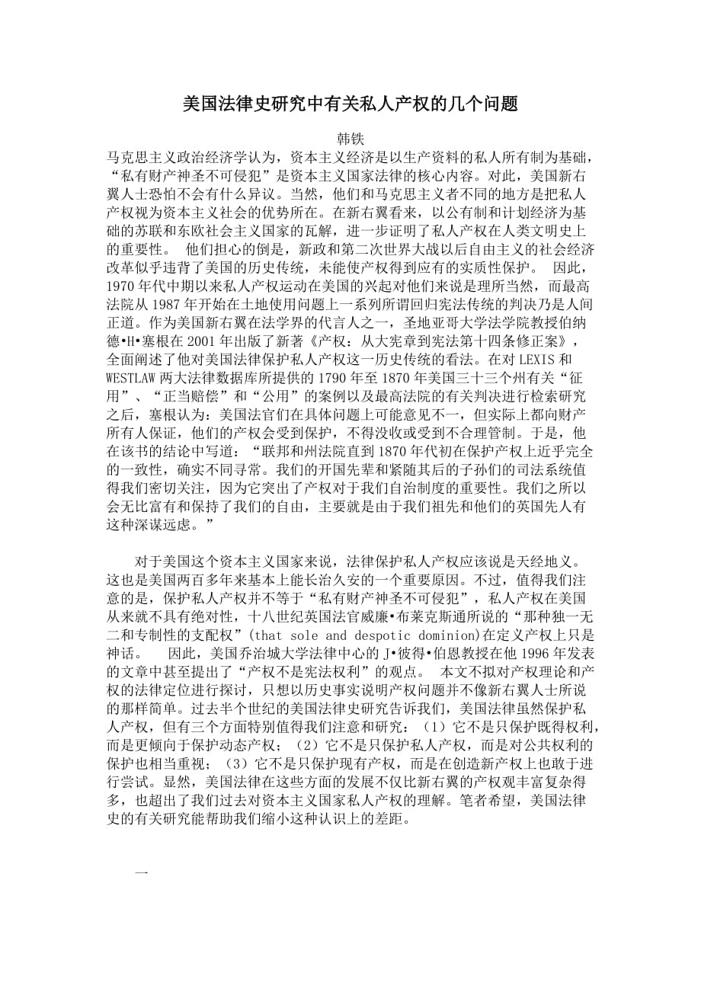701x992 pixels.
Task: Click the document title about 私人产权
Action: pyautogui.click(x=350, y=104)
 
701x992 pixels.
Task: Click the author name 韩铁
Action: pyautogui.click(x=350, y=141)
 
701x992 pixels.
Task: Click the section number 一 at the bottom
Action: pyautogui.click(x=140, y=869)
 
